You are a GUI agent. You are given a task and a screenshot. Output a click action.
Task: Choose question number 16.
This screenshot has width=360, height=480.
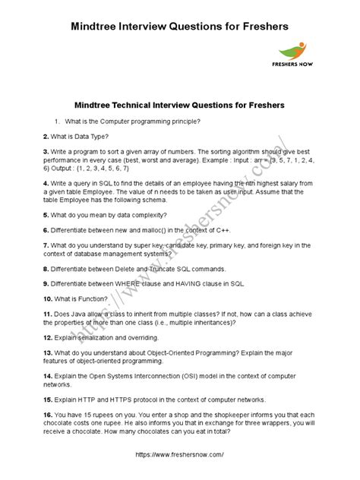[48, 414]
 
